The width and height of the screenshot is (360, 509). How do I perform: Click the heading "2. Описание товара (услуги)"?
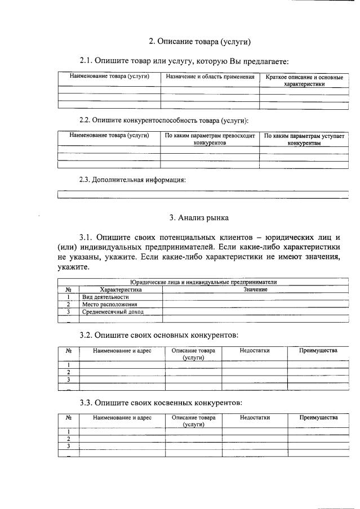point(199,42)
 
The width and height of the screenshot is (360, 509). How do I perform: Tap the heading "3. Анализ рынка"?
point(199,217)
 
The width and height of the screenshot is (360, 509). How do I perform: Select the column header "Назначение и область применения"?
point(210,76)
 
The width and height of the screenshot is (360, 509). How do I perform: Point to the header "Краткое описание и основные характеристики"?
point(304,80)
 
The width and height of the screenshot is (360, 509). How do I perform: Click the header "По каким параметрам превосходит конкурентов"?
point(210,139)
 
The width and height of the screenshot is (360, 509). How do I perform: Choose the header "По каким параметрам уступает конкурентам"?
point(304,139)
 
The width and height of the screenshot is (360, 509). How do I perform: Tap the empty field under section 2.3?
point(203,195)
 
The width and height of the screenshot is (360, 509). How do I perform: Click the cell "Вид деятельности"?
point(105,297)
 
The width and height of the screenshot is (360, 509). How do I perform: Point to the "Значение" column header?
point(255,289)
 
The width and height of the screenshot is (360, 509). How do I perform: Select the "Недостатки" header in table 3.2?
point(255,351)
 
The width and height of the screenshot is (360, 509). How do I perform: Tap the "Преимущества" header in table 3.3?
point(318,418)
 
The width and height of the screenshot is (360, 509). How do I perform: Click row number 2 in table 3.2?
point(68,372)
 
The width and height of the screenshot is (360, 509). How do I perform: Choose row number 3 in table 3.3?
point(68,447)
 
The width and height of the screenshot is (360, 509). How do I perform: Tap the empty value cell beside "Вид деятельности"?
point(255,297)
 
